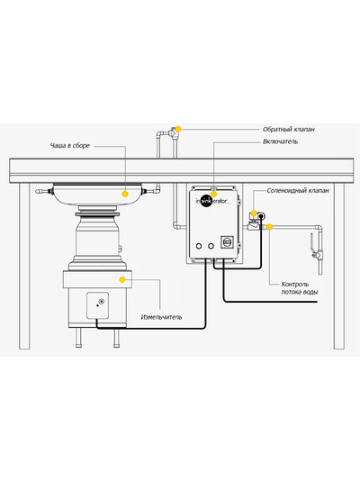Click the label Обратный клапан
pyautogui.click(x=289, y=130)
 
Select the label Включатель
pyautogui.click(x=280, y=141)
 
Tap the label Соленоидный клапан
pyautogui.click(x=298, y=190)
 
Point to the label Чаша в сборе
pyautogui.click(x=70, y=145)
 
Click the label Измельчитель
pyautogui.click(x=161, y=317)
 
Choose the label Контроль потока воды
pyautogui.click(x=300, y=288)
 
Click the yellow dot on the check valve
pyautogui.click(x=178, y=129)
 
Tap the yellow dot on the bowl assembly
pyautogui.click(x=125, y=194)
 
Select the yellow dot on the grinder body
pyautogui.click(x=122, y=279)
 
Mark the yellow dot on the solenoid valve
pyautogui.click(x=254, y=213)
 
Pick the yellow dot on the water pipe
pyautogui.click(x=269, y=227)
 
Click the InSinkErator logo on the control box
pyautogui.click(x=212, y=201)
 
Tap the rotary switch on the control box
pyautogui.click(x=227, y=242)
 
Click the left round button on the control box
pyautogui.click(x=199, y=246)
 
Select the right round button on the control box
pyautogui.click(x=211, y=246)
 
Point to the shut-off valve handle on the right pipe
pyautogui.click(x=312, y=244)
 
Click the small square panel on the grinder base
pyautogui.click(x=97, y=305)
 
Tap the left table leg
pyautogui.click(x=24, y=266)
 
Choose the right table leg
pyautogui.click(x=339, y=266)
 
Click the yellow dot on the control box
pyautogui.click(x=214, y=194)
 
